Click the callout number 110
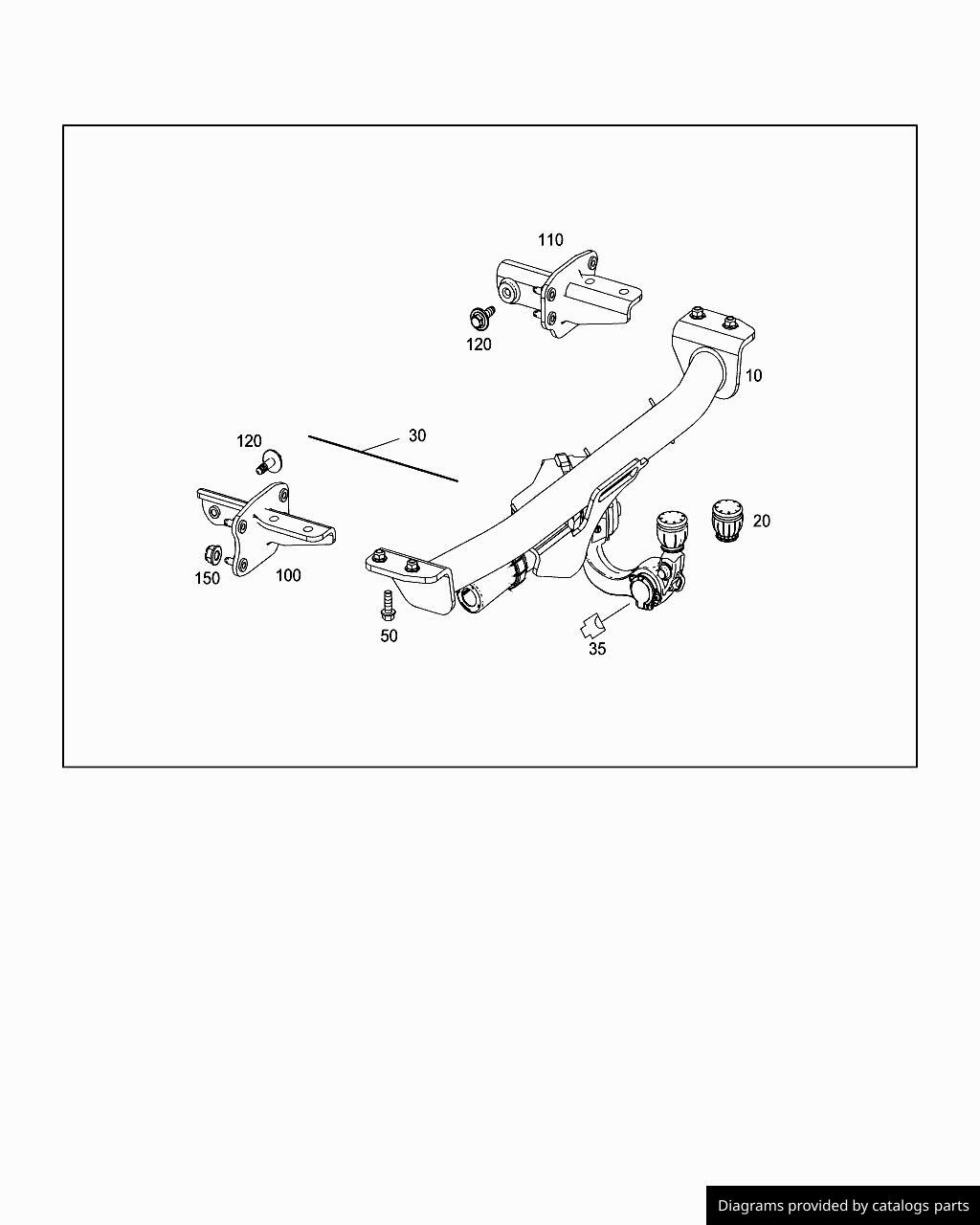(x=550, y=240)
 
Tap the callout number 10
(x=753, y=376)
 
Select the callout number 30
(x=417, y=435)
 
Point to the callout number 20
(x=762, y=521)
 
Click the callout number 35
(x=597, y=649)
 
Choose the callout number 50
(x=389, y=635)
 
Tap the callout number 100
(x=288, y=575)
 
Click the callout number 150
(x=208, y=578)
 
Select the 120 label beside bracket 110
(x=479, y=345)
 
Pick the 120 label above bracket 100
(x=249, y=441)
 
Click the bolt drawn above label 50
(x=388, y=605)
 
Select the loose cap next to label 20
(x=727, y=521)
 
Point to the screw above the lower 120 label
(x=481, y=316)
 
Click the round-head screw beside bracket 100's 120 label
(x=269, y=461)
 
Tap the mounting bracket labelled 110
(x=569, y=295)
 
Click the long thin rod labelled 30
(x=383, y=458)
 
